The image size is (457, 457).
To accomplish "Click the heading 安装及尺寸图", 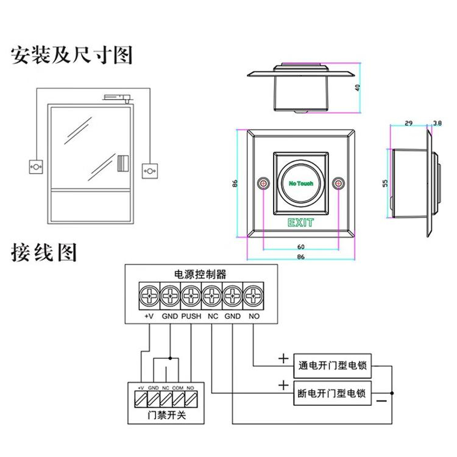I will point(72,55).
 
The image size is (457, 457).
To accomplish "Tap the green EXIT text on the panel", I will point(300,223).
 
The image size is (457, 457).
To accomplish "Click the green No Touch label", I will point(300,183).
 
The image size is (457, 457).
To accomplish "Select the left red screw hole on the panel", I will point(263,183).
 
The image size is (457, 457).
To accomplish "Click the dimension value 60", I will point(300,247).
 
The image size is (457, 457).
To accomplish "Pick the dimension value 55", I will point(384,183).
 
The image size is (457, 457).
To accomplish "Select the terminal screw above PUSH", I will point(191,297).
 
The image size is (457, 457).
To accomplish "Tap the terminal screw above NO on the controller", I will point(253,297).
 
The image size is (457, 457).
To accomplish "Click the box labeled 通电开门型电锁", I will point(333,367).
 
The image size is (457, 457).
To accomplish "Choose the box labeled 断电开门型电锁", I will point(333,393).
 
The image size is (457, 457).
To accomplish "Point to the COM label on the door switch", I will point(178,388).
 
